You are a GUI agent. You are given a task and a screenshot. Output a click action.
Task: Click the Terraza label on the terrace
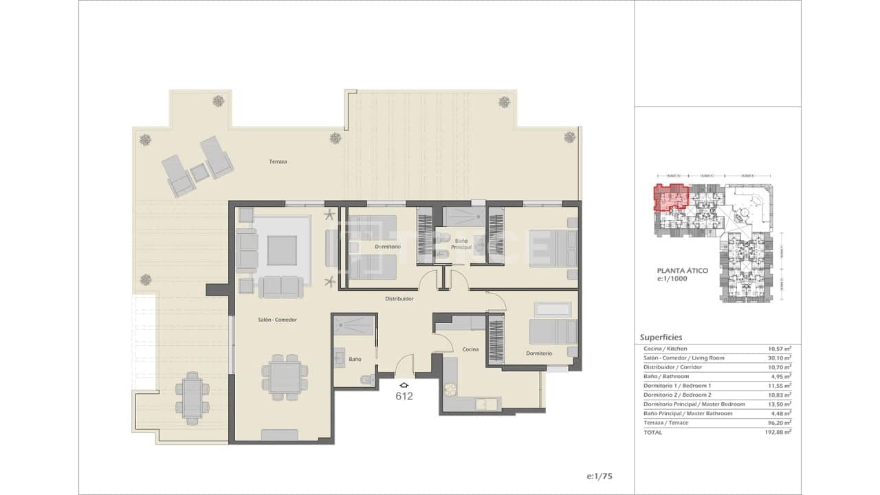pos(278,162)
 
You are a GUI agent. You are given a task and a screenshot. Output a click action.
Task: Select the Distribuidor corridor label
pos(399,299)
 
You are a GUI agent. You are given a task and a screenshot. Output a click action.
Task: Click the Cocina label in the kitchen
pos(470,349)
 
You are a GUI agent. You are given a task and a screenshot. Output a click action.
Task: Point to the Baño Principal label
pos(461,242)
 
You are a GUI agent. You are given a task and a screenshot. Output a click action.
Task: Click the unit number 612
pos(404,396)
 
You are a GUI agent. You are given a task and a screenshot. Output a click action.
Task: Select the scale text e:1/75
pos(600,476)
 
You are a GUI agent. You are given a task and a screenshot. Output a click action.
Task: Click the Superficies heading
pos(661,338)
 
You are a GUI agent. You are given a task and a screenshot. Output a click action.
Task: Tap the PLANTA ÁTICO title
pos(683,271)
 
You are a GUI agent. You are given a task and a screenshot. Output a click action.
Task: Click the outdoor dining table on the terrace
pos(192,397)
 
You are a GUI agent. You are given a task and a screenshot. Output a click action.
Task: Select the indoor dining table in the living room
pos(280,377)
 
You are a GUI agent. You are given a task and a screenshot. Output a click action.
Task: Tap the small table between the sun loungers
pos(199,173)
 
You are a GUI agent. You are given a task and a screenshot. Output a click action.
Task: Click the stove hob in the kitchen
pos(451,390)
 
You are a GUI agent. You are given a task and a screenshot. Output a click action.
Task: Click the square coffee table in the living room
pos(283,250)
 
